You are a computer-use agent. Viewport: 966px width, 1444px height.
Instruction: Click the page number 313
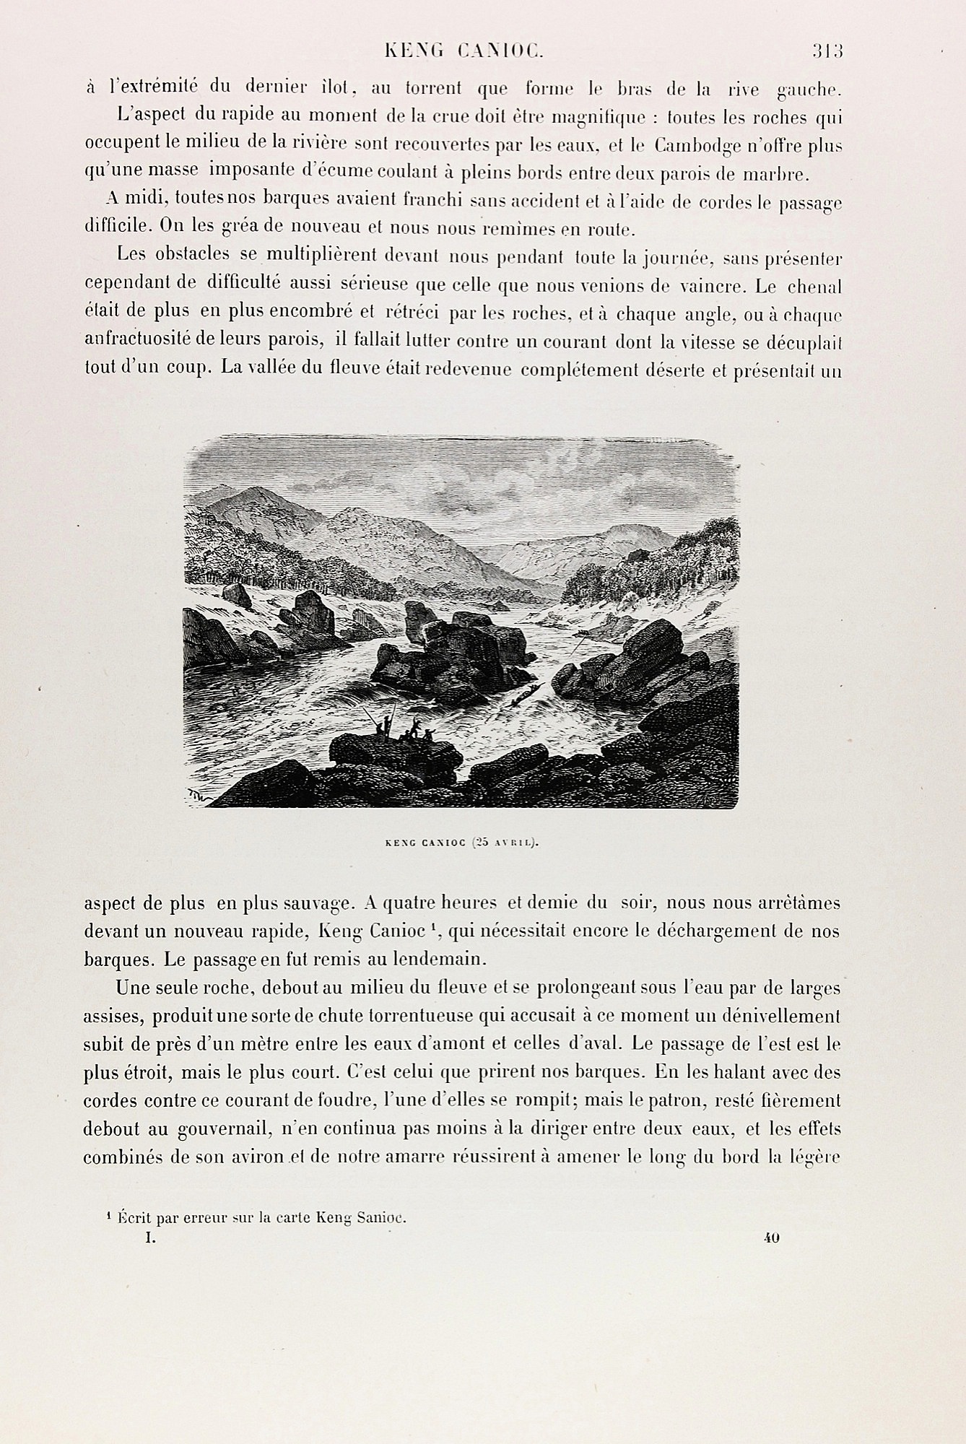[x=827, y=51]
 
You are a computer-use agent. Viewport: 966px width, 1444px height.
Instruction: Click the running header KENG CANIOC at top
[x=464, y=51]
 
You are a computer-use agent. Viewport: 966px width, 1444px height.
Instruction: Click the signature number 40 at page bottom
[x=770, y=1238]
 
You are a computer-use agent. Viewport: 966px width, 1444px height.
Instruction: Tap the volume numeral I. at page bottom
[x=150, y=1238]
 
